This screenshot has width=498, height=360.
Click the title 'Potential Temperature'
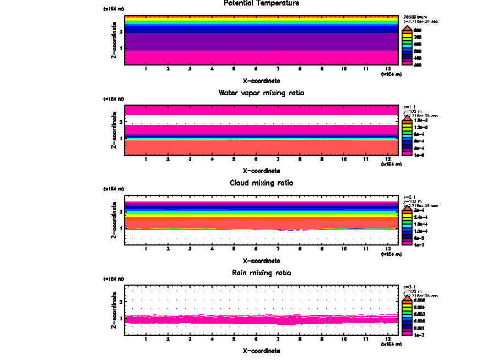coord(261,3)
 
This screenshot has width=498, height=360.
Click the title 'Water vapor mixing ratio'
coord(261,93)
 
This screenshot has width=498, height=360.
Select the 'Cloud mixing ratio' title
coord(261,183)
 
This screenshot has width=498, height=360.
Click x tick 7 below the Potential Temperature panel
coord(278,69)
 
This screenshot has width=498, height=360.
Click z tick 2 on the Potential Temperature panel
coord(120,31)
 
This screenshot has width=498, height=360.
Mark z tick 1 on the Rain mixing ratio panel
coord(120,318)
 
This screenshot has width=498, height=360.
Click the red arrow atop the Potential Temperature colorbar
coord(407,27)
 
